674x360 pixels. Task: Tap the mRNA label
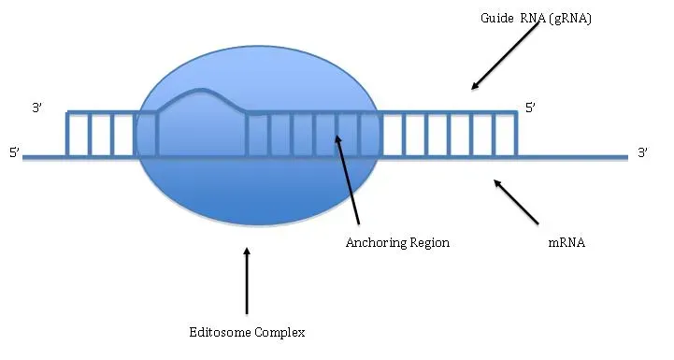566,242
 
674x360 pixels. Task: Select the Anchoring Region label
397,242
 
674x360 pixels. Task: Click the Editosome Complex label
247,331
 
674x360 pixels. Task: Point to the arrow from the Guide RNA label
507,55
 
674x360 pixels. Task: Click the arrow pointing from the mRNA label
516,202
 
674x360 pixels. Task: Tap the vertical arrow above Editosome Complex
247,280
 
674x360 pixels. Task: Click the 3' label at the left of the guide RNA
37,108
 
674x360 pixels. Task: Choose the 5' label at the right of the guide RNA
530,108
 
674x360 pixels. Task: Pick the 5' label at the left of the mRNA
14,152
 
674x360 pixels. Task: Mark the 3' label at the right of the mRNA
642,152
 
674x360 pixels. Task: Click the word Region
427,242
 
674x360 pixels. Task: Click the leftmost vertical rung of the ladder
67,134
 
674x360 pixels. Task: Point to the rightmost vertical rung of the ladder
516,134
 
